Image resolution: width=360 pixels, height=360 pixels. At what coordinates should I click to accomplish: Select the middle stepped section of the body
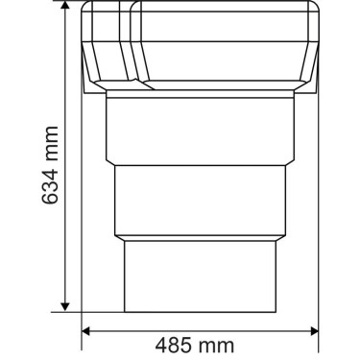point(199,201)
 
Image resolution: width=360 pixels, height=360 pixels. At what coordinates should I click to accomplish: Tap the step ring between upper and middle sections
point(199,164)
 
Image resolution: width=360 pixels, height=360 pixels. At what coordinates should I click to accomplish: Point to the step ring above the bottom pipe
point(199,237)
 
